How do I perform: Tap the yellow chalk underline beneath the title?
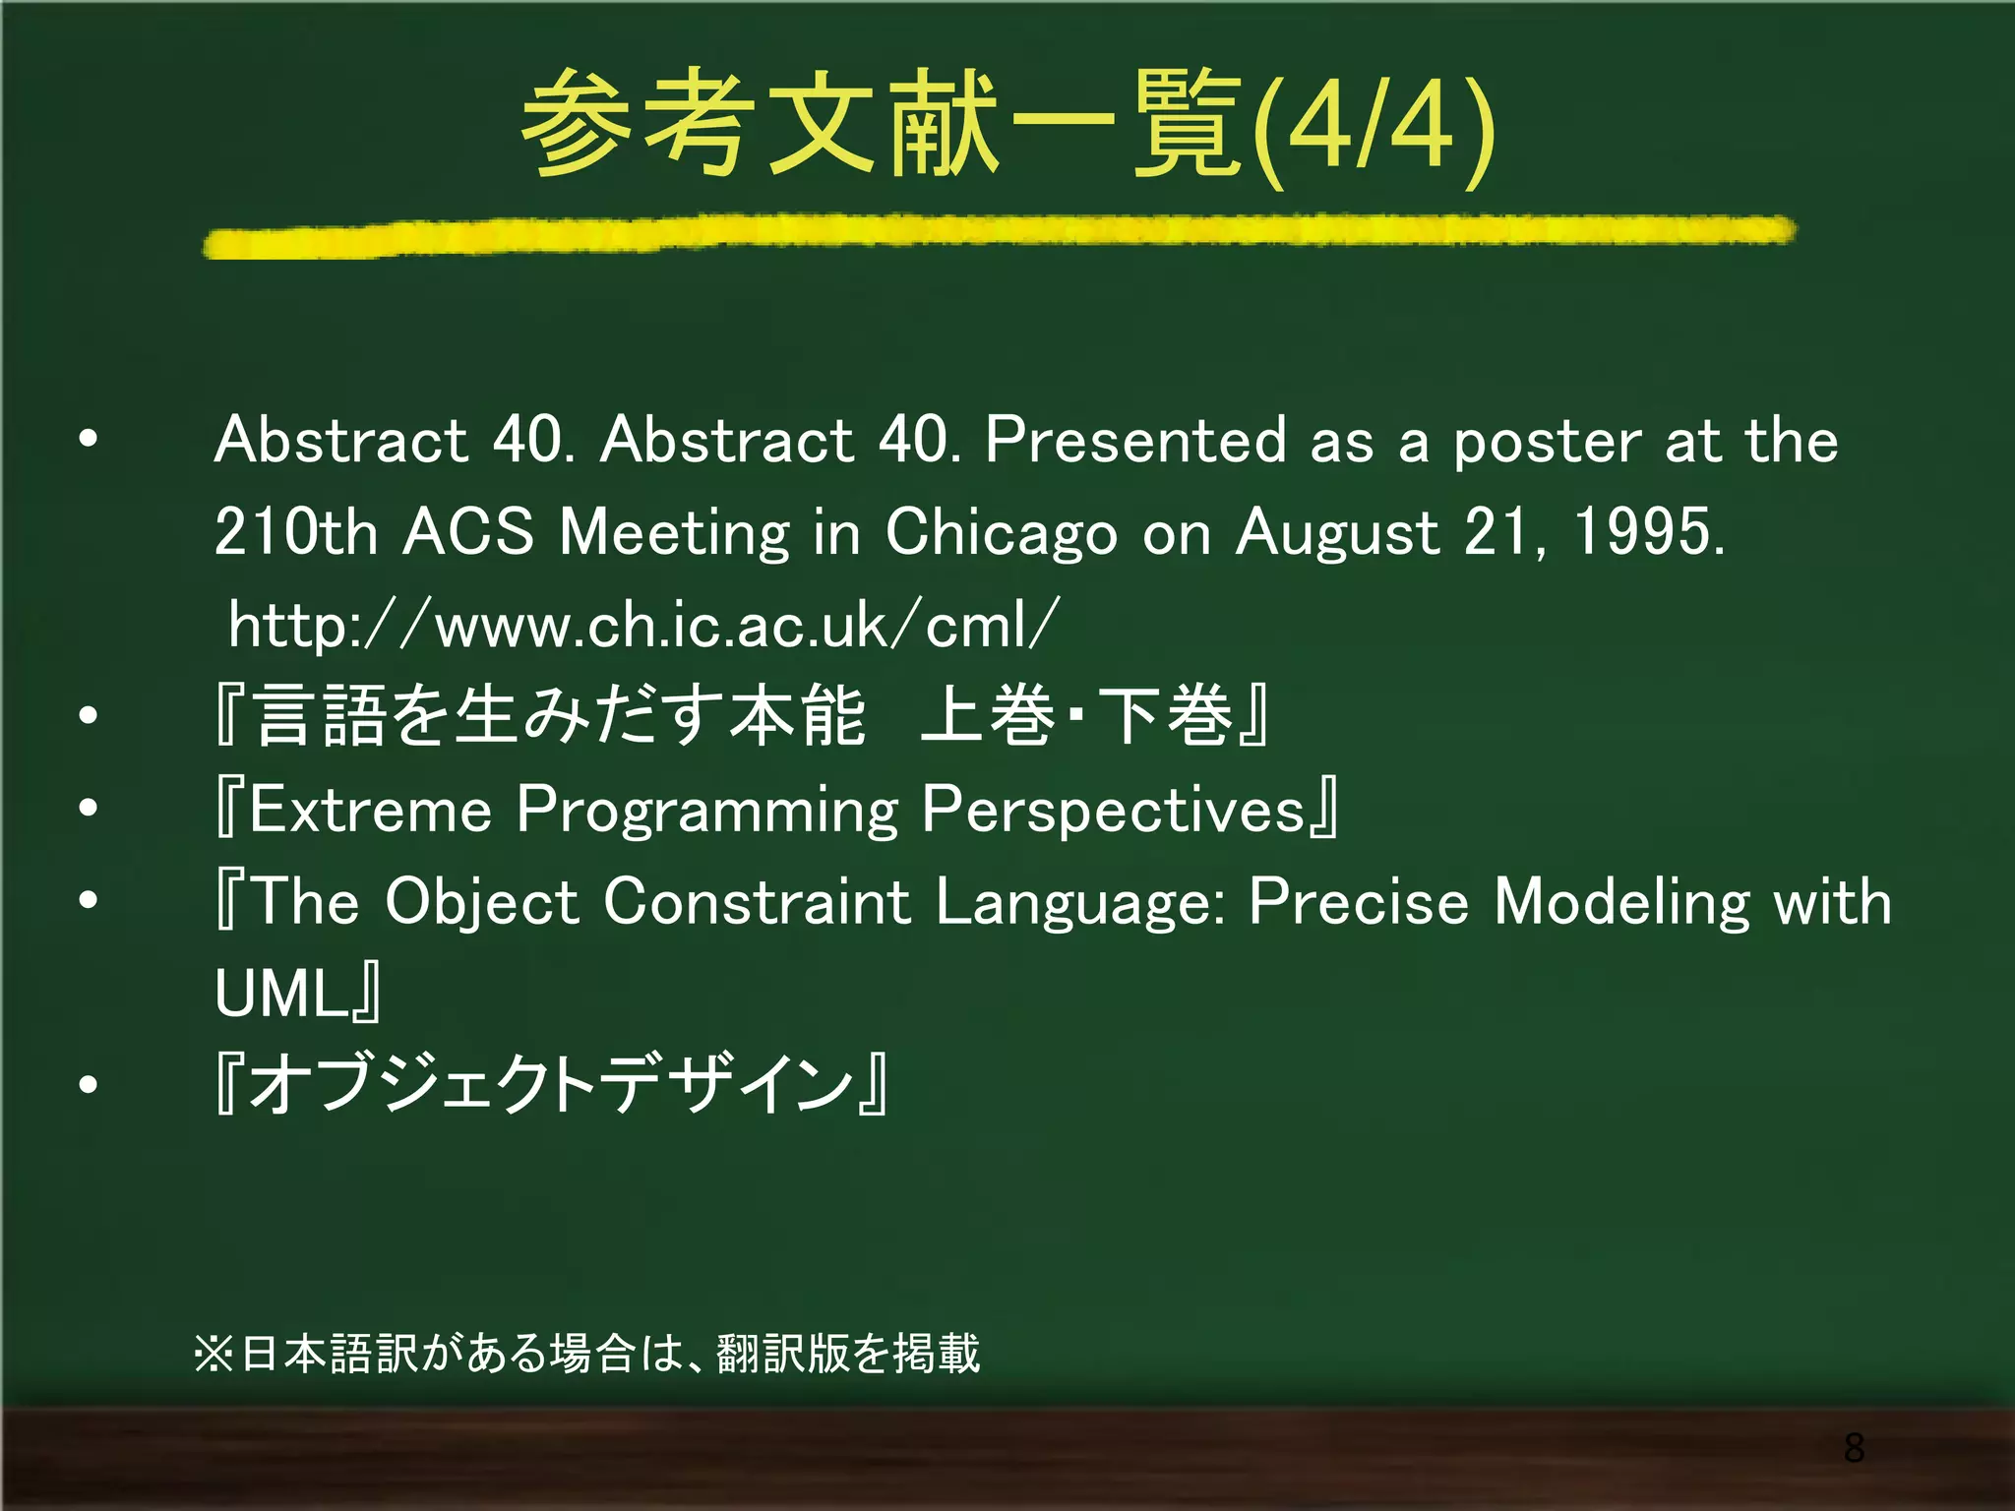(999, 236)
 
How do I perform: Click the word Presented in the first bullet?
(1135, 440)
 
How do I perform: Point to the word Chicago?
(1001, 534)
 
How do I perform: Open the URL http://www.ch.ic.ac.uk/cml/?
(643, 625)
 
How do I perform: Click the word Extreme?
(370, 810)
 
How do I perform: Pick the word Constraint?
(757, 901)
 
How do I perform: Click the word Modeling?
(1621, 903)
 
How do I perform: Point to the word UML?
(279, 994)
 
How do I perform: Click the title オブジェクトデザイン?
(551, 1085)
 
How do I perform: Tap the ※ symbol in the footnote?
(214, 1354)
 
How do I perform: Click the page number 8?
(1854, 1448)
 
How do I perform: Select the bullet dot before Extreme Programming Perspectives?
(89, 809)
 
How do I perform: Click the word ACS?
(468, 532)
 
